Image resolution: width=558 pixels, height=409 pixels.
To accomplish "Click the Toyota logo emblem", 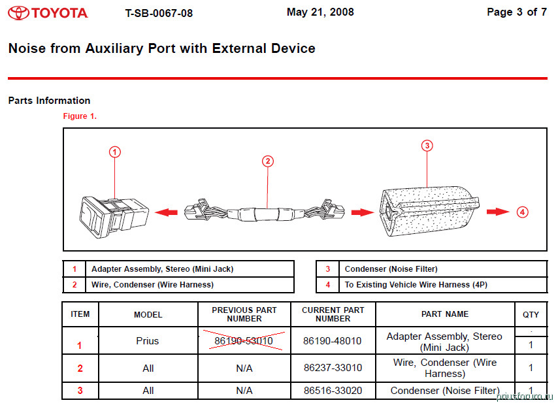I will click(x=18, y=12).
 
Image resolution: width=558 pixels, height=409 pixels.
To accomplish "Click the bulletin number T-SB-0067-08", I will click(x=159, y=13).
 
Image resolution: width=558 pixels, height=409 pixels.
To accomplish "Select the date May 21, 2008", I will click(x=320, y=12).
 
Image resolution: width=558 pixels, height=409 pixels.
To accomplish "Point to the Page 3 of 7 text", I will click(x=517, y=12).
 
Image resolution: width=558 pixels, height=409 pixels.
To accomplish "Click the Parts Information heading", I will click(x=49, y=101).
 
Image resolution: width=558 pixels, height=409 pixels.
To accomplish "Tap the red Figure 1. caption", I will click(x=80, y=116).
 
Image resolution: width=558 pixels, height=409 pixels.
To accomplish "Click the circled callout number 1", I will click(x=115, y=152).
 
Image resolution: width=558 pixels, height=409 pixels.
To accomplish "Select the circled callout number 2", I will click(x=267, y=161).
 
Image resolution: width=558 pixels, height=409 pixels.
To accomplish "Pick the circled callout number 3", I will click(x=427, y=146).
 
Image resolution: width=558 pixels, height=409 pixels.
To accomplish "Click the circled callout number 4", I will click(x=522, y=212).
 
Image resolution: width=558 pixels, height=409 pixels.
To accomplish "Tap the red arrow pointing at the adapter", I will click(x=168, y=212).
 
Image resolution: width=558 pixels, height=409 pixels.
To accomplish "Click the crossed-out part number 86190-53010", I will click(x=244, y=341).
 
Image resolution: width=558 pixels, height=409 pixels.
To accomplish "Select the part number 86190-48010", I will click(x=333, y=341).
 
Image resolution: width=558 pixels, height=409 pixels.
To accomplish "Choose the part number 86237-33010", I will click(x=333, y=368).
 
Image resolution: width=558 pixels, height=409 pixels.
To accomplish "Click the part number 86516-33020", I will click(x=333, y=391).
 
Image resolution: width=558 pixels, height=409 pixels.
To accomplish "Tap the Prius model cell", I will click(x=148, y=341).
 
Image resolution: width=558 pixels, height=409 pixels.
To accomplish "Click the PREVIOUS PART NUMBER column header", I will click(x=244, y=314).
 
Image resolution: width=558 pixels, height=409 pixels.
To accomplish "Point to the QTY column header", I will click(x=531, y=314).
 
